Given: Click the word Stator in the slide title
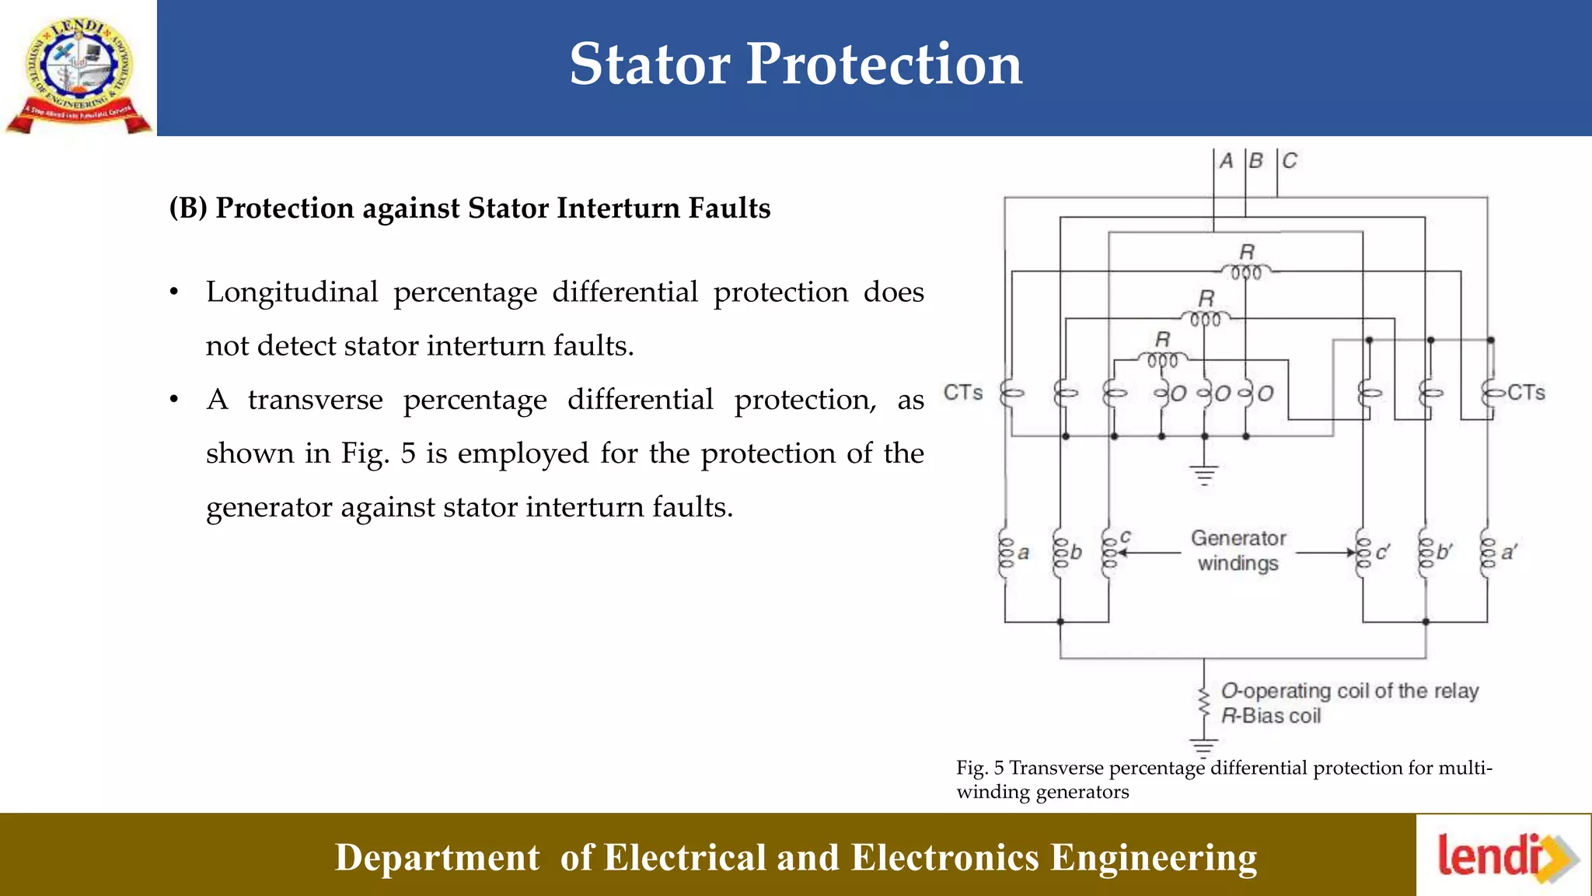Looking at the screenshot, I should click(650, 64).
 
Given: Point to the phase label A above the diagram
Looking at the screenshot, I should click(1227, 161).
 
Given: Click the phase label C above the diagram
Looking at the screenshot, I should click(1290, 161).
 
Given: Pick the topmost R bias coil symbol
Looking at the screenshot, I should click(1246, 272).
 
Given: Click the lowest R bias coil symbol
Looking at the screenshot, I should click(1163, 360).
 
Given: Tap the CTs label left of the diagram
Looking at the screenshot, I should click(963, 393).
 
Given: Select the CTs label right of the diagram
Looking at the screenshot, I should click(1526, 393).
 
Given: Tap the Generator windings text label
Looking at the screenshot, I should click(1238, 551).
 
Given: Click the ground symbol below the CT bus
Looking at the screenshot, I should click(1204, 474).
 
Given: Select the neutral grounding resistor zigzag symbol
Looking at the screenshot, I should click(1204, 704).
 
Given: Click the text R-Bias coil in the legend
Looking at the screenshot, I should click(1270, 716).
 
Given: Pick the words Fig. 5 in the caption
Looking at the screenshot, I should click(979, 768).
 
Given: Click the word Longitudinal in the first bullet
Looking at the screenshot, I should click(292, 292).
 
